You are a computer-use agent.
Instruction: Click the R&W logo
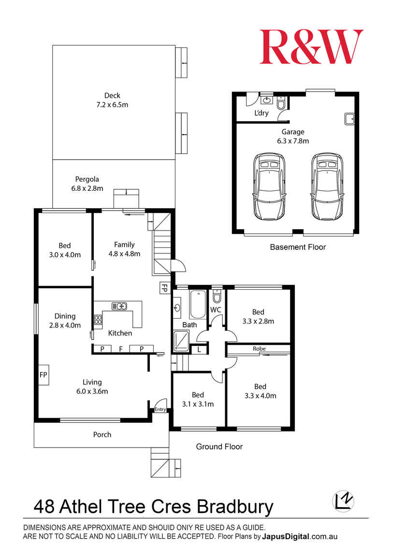[311, 47]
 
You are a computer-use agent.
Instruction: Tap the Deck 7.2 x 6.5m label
[112, 100]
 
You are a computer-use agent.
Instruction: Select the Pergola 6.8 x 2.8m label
[87, 184]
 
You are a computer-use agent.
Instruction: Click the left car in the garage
[269, 186]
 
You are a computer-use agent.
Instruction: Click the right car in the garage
[328, 186]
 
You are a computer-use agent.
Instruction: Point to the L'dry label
[261, 114]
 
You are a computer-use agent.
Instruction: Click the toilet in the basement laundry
[281, 103]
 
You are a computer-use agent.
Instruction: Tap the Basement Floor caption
[298, 247]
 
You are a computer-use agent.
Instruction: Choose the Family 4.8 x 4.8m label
[124, 249]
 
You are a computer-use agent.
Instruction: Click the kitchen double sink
[119, 306]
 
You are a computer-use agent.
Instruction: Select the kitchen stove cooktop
[98, 320]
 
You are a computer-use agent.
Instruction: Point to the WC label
[216, 309]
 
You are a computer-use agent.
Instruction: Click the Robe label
[259, 349]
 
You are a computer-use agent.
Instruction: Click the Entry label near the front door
[160, 410]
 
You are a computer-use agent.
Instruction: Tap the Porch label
[102, 434]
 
